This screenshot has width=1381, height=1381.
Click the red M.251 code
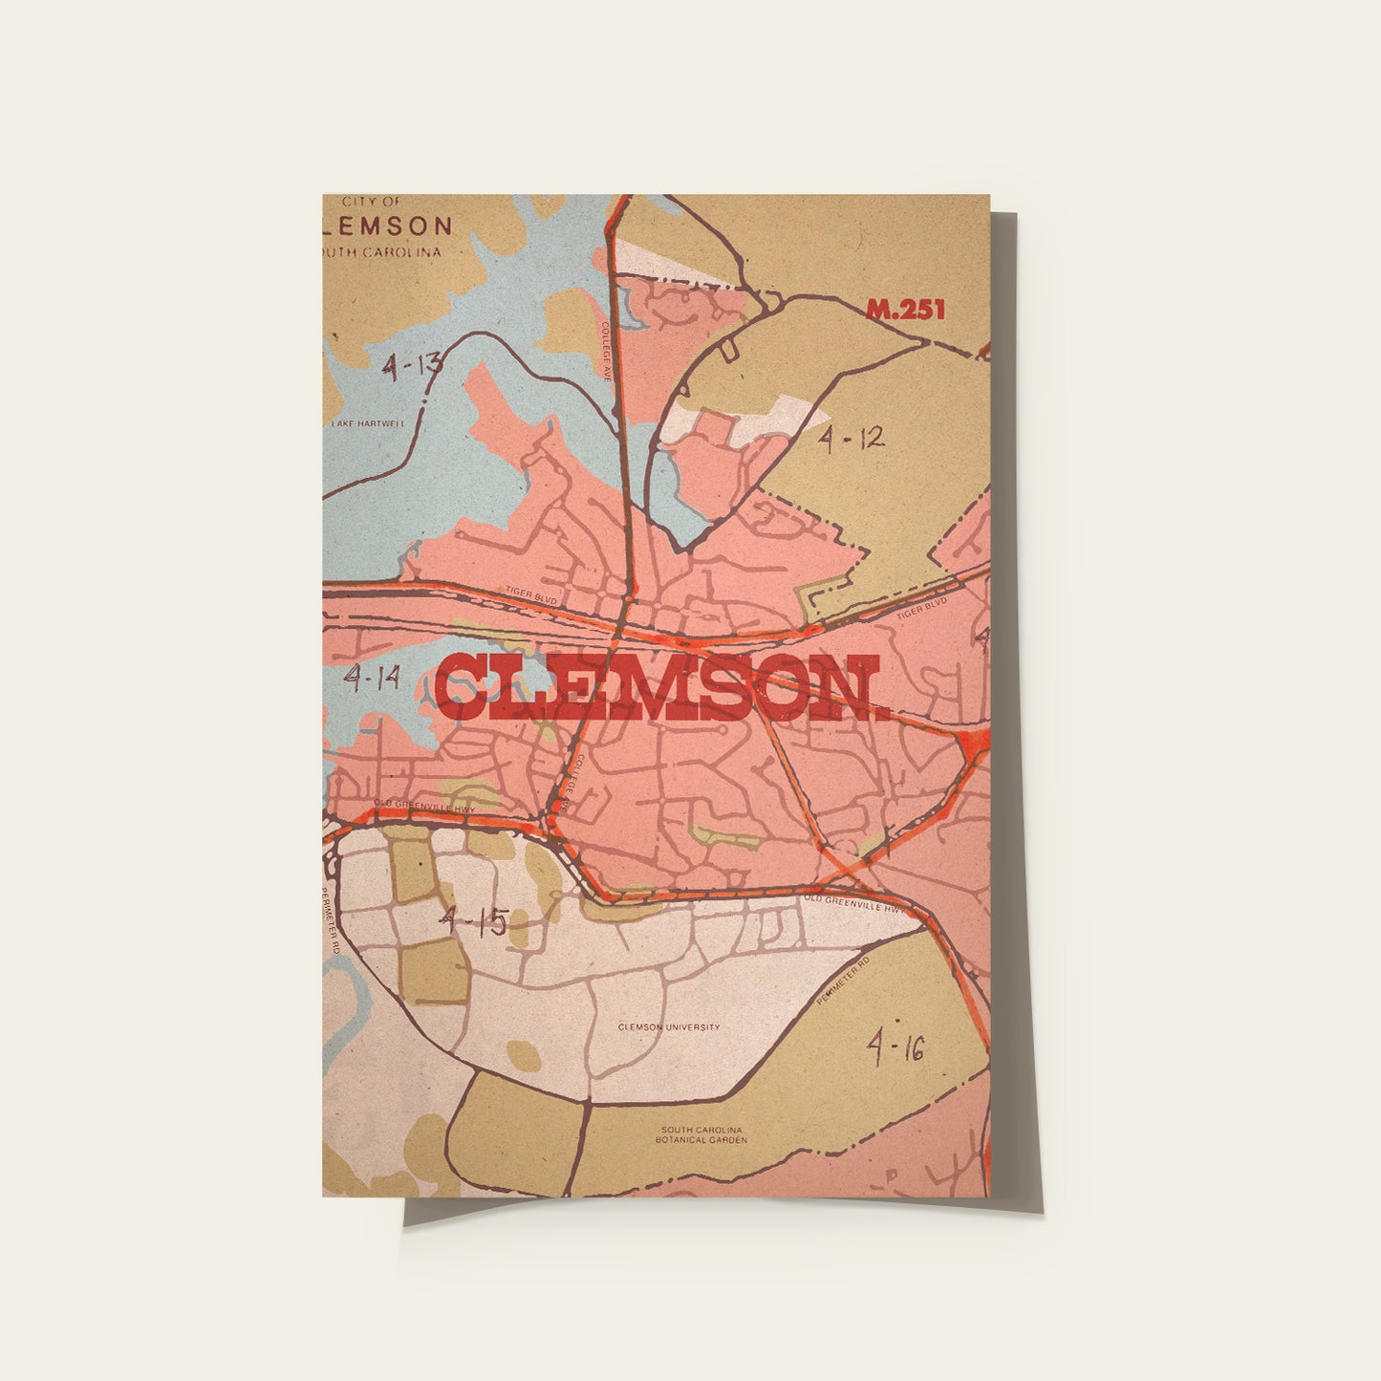click(904, 310)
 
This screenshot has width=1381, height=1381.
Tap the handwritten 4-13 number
click(412, 365)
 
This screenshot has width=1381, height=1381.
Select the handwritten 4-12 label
click(851, 439)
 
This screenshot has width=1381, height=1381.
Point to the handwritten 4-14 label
click(372, 679)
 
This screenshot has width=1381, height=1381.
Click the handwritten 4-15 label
click(472, 921)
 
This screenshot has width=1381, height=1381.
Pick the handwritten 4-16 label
click(895, 1048)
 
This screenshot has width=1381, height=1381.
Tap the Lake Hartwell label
click(368, 423)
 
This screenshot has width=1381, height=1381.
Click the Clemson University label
click(669, 1027)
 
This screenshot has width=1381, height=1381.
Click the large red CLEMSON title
click(661, 688)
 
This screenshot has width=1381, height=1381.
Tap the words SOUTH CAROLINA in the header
click(382, 252)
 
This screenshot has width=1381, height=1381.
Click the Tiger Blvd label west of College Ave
click(530, 596)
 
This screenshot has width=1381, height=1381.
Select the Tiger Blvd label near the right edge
click(921, 608)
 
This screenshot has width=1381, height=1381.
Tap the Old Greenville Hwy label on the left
click(424, 806)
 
